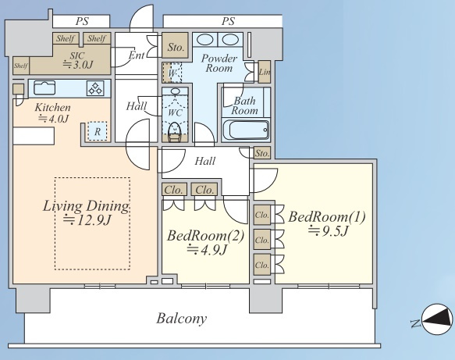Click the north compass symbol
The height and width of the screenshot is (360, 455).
(x=437, y=319)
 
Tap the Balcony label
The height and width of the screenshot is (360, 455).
(x=181, y=319)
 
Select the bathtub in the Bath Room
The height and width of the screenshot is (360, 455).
(x=246, y=130)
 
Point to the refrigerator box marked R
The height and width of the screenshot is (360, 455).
(x=98, y=131)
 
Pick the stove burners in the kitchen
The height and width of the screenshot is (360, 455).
(x=95, y=88)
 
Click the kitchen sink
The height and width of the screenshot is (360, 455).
(x=44, y=87)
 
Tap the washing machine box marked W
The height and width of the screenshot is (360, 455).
(x=172, y=73)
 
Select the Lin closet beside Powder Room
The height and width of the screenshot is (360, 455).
(x=265, y=72)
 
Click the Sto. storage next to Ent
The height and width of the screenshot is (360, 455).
(x=176, y=47)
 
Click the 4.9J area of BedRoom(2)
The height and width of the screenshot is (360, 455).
(x=207, y=250)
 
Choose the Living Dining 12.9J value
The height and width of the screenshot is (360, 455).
(x=87, y=220)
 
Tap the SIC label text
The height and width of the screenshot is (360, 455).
(x=77, y=55)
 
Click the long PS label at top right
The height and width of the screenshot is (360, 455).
(x=228, y=21)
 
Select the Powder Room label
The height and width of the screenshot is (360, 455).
(x=219, y=63)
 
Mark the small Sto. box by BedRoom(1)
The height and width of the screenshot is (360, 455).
(x=262, y=153)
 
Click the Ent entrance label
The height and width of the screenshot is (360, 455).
(x=137, y=55)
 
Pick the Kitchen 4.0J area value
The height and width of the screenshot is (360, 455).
(x=53, y=119)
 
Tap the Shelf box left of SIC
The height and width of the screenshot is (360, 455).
(x=21, y=66)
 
